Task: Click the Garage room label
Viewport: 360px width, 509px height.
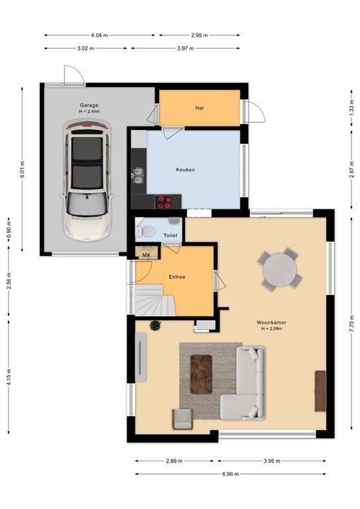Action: click(x=89, y=105)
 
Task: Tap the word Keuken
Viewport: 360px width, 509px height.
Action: click(x=186, y=170)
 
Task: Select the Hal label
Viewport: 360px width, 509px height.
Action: click(x=200, y=108)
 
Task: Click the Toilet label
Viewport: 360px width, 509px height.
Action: click(x=170, y=235)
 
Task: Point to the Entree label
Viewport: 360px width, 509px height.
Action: click(x=177, y=277)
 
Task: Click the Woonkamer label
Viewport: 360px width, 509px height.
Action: click(x=271, y=322)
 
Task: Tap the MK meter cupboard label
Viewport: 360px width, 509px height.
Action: click(x=147, y=255)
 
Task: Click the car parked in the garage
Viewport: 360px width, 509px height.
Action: click(x=87, y=180)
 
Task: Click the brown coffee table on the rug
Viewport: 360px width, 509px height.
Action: click(x=201, y=374)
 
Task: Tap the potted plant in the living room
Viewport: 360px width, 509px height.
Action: click(x=156, y=325)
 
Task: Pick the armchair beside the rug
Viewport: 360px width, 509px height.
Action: click(x=182, y=419)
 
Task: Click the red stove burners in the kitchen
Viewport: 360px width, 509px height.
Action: click(x=163, y=202)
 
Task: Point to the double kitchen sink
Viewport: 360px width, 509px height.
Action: click(x=139, y=175)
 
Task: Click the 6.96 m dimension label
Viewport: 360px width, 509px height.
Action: click(x=231, y=474)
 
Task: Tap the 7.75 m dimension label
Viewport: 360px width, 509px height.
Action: click(x=351, y=323)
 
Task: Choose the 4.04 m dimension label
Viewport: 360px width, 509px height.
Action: click(x=99, y=35)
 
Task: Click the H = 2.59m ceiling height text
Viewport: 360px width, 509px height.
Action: click(x=271, y=329)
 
